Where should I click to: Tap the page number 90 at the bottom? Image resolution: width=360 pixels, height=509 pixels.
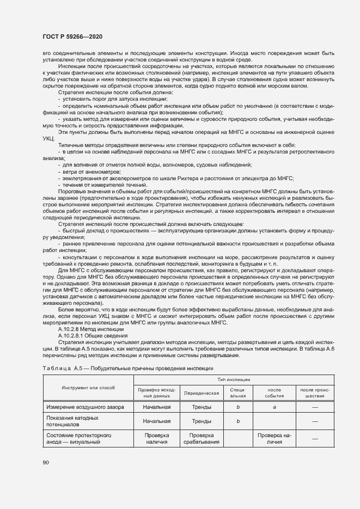click(x=46, y=463)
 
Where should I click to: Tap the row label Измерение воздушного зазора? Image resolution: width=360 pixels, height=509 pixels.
click(x=84, y=407)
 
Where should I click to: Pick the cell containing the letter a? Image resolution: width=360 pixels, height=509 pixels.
click(x=274, y=407)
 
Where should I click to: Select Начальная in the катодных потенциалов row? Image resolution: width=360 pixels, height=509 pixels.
click(x=157, y=421)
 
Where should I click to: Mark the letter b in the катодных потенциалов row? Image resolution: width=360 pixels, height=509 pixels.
click(x=238, y=421)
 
